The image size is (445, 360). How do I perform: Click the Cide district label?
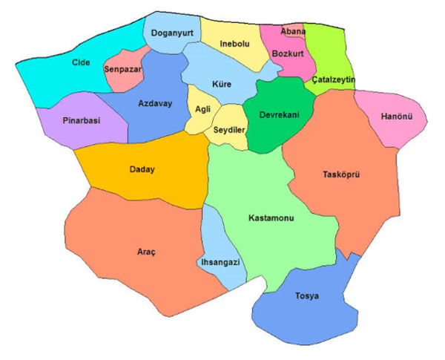click(x=81, y=62)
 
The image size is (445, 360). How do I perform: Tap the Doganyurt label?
click(x=173, y=33)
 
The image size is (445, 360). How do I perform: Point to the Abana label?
click(x=293, y=32)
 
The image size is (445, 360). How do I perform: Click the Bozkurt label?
click(x=289, y=54)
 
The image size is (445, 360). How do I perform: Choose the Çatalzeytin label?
click(x=334, y=79)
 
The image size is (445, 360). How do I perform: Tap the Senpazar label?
click(x=123, y=69)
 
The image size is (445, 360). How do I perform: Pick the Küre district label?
click(x=221, y=84)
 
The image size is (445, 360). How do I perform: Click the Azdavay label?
click(x=155, y=103)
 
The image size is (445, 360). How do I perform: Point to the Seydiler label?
click(x=229, y=129)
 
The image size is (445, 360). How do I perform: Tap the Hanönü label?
click(x=396, y=117)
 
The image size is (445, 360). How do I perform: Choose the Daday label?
click(x=142, y=169)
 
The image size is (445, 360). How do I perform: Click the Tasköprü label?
click(x=341, y=175)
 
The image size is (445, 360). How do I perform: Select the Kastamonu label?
click(x=271, y=220)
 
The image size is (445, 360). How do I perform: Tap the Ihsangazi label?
click(x=222, y=262)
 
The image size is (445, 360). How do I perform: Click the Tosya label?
click(x=306, y=296)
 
